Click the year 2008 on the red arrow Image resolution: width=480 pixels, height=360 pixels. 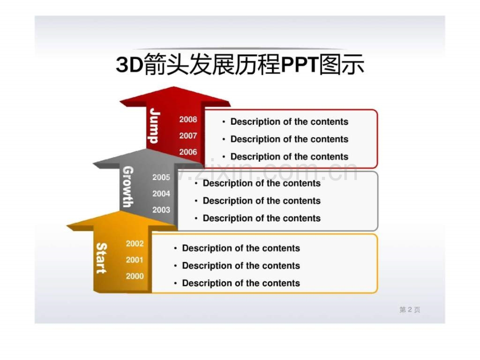(188, 119)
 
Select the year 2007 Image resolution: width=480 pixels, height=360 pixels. (188, 136)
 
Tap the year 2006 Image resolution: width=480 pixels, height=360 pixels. (188, 152)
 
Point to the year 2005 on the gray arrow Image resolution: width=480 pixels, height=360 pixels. (161, 177)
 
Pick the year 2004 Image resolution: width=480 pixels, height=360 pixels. (161, 194)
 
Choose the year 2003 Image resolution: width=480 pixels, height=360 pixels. (161, 210)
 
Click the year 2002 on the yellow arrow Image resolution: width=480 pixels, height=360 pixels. (135, 243)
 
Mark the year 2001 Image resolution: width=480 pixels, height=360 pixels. (135, 260)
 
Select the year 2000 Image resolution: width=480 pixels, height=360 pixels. (135, 276)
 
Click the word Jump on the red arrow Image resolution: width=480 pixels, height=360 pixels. (154, 126)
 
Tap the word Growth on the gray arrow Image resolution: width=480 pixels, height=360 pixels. (128, 186)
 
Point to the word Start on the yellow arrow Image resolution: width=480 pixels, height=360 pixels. (101, 258)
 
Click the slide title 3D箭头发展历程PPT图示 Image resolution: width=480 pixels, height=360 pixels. (240, 64)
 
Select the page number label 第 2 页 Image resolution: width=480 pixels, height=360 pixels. (410, 310)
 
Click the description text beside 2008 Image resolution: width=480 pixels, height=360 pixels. (289, 122)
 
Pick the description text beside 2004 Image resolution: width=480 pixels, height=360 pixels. (262, 201)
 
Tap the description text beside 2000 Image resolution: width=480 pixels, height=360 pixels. (241, 283)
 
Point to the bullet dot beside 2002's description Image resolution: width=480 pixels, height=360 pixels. (175, 248)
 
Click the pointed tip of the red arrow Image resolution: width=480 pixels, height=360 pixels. (174, 87)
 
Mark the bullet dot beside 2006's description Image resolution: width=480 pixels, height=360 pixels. (224, 157)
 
